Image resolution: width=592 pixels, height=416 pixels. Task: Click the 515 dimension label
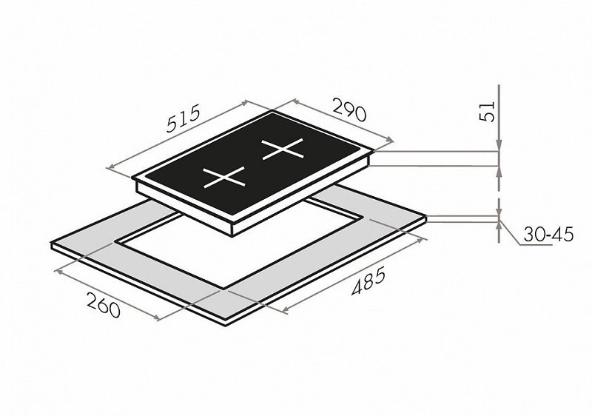(x=183, y=119)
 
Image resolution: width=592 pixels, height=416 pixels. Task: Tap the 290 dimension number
(x=349, y=110)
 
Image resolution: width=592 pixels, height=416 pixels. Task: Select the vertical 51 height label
(x=487, y=111)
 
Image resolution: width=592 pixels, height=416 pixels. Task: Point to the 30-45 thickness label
(x=548, y=235)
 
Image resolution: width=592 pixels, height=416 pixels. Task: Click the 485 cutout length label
(x=369, y=281)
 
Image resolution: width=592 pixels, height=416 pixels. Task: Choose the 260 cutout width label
(x=104, y=305)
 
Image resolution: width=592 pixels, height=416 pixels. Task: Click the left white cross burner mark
(x=224, y=177)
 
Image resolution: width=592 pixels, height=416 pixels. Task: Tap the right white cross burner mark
(x=283, y=149)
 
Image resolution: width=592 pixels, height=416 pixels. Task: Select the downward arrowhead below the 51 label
(x=499, y=146)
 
